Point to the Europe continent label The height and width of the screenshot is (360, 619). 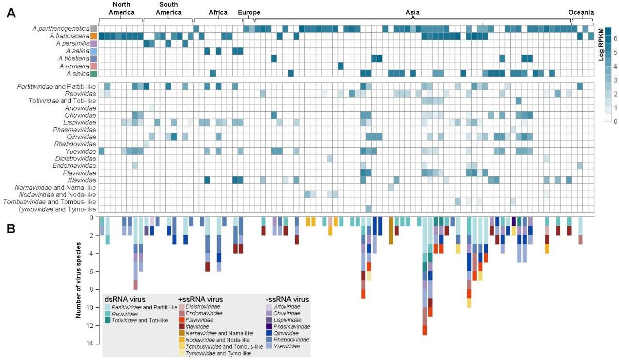click(x=249, y=12)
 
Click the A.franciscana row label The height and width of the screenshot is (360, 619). click(x=68, y=36)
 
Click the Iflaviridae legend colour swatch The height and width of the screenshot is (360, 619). click(x=181, y=326)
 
